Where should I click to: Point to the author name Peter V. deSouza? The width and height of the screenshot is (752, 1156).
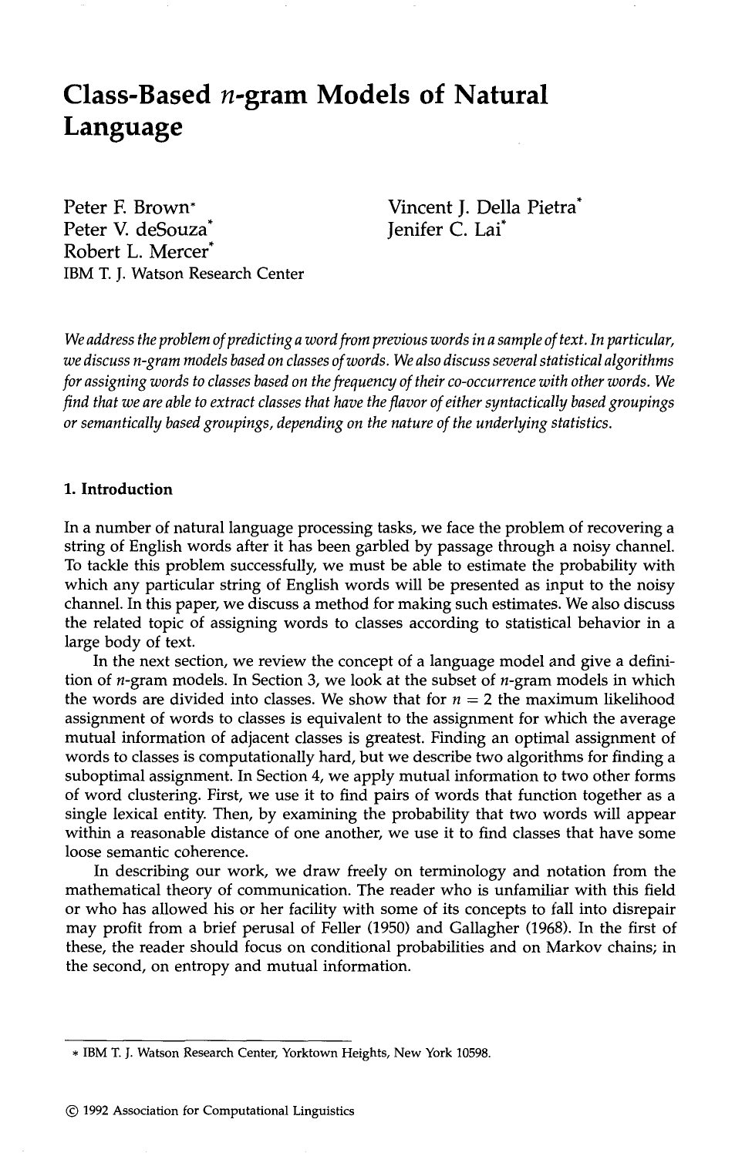pos(135,230)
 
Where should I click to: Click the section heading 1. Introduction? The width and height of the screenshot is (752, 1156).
pos(119,489)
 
